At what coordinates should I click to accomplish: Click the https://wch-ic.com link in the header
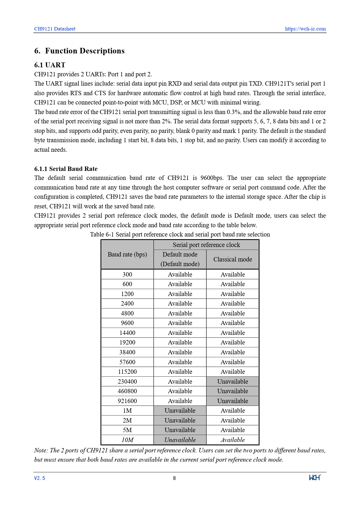tap(305, 29)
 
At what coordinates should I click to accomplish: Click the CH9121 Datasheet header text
tap(55, 29)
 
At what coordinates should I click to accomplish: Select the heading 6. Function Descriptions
tap(79, 51)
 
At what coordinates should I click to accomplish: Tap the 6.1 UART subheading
tap(50, 65)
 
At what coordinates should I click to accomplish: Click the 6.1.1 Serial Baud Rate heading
tap(66, 169)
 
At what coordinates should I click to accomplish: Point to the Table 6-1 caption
tap(180, 234)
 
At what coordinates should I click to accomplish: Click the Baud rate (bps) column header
tap(127, 255)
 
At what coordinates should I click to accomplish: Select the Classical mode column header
tap(233, 259)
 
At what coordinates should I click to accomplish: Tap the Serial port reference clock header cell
tap(206, 245)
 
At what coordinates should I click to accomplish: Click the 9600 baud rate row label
tap(127, 323)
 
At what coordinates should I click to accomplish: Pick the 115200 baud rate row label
tap(127, 372)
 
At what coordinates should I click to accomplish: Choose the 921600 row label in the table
tap(127, 401)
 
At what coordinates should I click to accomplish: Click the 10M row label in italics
tap(127, 440)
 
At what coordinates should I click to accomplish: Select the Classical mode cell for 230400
tap(233, 382)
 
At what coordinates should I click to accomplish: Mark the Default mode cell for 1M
tap(180, 411)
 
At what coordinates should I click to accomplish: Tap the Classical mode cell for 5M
tap(233, 430)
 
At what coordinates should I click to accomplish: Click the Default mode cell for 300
tap(180, 275)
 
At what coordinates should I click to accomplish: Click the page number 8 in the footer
tap(174, 478)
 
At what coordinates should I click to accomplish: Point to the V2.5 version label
tap(39, 478)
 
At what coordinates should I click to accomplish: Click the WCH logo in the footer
tap(315, 478)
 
